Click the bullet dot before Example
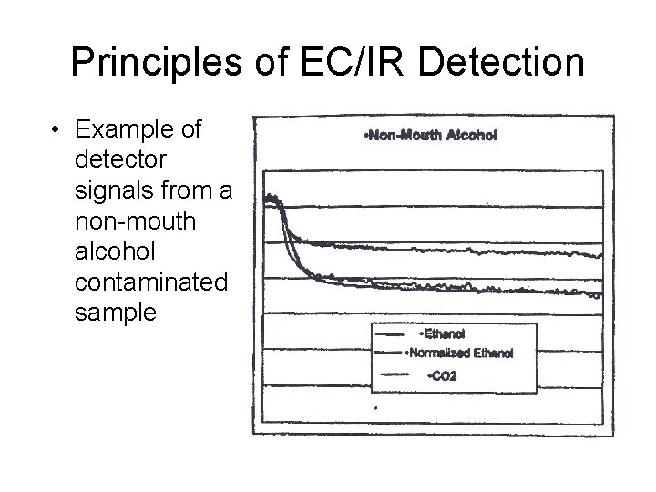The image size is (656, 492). click(57, 130)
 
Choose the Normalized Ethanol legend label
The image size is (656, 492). click(461, 353)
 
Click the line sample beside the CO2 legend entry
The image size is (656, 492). click(390, 374)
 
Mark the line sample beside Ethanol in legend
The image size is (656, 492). click(390, 334)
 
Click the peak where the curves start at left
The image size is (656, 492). click(271, 198)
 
